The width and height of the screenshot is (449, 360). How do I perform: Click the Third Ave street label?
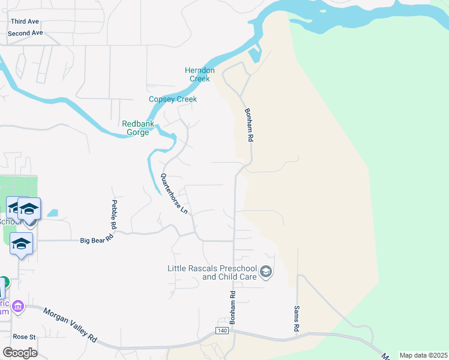(x=25, y=21)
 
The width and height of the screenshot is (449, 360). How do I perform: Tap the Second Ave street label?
(x=25, y=33)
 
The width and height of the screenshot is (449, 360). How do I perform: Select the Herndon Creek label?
(x=199, y=74)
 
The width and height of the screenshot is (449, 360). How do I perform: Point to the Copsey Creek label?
(x=173, y=99)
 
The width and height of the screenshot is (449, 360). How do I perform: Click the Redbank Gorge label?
(x=138, y=128)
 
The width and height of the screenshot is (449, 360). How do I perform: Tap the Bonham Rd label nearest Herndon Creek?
(x=248, y=124)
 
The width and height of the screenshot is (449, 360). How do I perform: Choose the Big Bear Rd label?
(x=97, y=240)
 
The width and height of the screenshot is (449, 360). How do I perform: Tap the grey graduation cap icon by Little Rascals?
(x=265, y=273)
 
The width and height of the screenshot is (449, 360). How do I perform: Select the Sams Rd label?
(x=297, y=319)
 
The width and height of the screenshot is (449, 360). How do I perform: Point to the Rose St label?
(x=25, y=337)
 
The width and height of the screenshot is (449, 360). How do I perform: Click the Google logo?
(x=20, y=352)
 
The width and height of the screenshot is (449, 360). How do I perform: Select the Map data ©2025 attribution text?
(x=423, y=355)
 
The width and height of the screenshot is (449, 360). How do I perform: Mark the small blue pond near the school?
(x=52, y=212)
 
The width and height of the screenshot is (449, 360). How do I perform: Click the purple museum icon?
(x=18, y=307)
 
